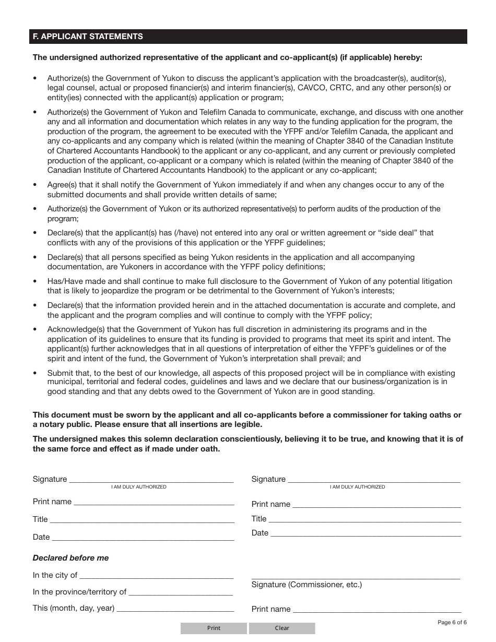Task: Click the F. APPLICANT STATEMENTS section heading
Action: (88, 37)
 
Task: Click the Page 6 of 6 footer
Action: (452, 622)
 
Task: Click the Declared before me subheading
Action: (70, 558)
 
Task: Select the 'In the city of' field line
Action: (156, 575)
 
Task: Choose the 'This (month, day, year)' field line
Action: (175, 608)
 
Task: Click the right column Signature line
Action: (374, 479)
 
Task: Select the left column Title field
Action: (142, 519)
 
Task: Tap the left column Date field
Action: (143, 537)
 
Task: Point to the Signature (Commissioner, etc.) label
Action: (306, 585)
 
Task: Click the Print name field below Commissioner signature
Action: (376, 609)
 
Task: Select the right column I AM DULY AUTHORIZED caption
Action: (357, 487)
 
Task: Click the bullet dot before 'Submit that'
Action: (35, 373)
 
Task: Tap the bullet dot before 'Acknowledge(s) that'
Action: (35, 329)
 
